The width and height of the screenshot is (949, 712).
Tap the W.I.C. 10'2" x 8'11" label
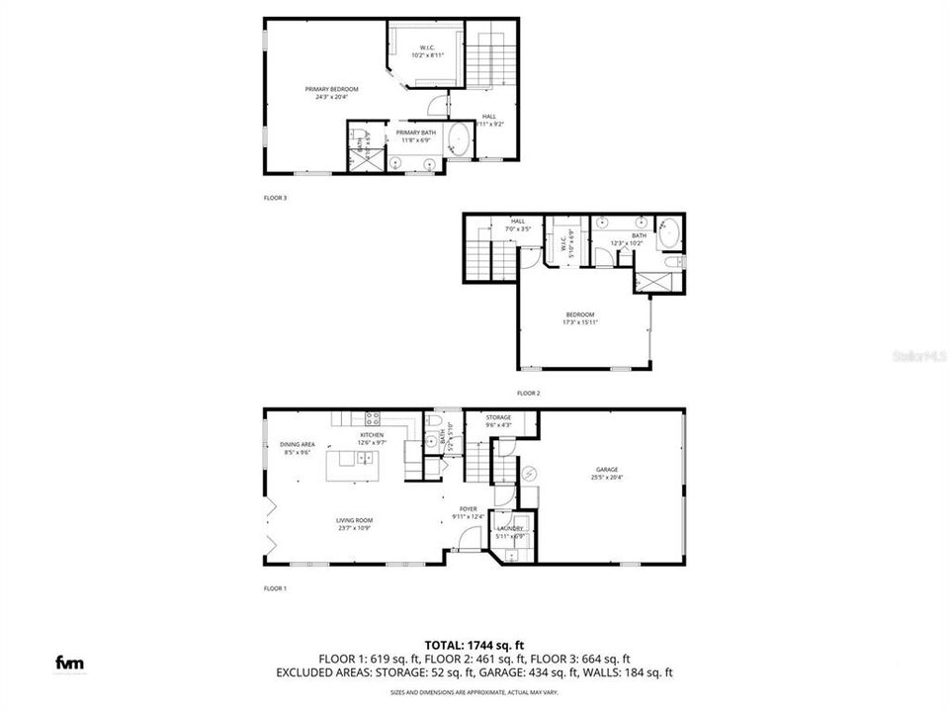[428, 50]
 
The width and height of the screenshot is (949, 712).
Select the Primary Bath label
[416, 135]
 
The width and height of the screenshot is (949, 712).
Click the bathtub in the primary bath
[460, 138]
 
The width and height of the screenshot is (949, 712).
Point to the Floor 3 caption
[275, 198]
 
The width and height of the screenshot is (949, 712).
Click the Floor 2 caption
[529, 394]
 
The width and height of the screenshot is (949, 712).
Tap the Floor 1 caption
[275, 588]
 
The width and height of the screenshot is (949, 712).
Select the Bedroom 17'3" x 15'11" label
[580, 317]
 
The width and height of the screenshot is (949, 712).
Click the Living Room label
[354, 523]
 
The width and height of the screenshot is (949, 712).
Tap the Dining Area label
[297, 448]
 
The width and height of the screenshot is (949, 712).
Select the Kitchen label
[371, 438]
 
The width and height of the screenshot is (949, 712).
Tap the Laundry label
[510, 531]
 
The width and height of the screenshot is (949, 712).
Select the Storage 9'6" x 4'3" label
[498, 421]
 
